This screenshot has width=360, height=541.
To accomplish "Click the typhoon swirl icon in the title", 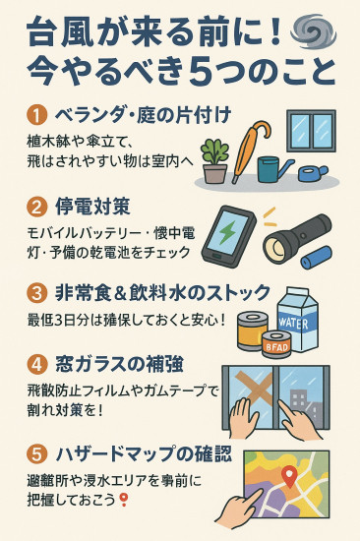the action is [313, 33].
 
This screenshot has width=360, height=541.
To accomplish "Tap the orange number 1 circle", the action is [35, 116].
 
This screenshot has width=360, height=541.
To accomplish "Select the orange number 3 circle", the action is [35, 293].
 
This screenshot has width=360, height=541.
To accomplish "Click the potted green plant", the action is [214, 160].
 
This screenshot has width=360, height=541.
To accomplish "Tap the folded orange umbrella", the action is [250, 150].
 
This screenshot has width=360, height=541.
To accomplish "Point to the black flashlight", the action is [296, 238].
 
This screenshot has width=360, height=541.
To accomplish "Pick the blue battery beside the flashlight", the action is [316, 257].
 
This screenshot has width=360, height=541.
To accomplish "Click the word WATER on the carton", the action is [293, 324].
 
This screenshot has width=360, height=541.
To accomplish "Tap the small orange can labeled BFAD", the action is [275, 344].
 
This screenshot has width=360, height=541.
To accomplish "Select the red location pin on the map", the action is [289, 476].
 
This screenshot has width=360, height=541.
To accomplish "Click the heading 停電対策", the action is [92, 207].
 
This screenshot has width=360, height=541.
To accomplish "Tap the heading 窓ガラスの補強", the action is [119, 364].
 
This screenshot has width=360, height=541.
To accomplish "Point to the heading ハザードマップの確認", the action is [144, 454].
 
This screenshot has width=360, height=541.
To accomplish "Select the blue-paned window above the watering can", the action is [311, 131].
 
